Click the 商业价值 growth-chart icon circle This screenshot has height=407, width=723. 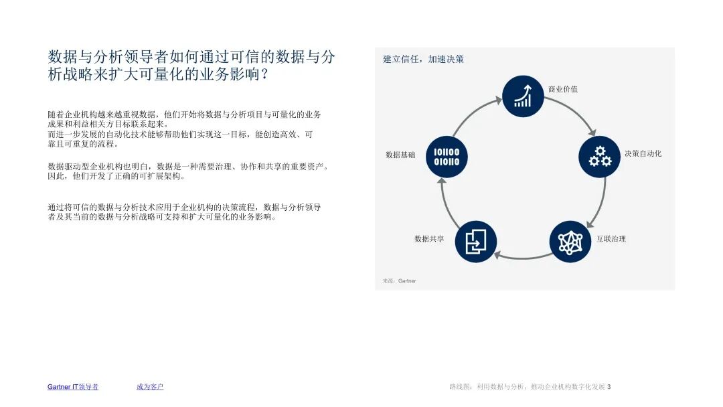pos(523,96)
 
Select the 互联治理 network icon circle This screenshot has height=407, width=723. pos(570,242)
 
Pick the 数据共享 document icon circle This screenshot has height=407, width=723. pos(475,242)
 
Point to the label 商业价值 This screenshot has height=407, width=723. pos(562,89)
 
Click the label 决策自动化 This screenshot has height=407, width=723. pos(643,154)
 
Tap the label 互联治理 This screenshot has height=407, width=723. pos(611,239)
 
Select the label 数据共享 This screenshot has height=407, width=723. pos(429,239)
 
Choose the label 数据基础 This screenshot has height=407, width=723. pos(400,155)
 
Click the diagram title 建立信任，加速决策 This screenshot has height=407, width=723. pos(423,60)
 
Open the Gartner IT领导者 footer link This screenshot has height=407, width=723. pos(73,387)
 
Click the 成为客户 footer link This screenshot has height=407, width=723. pos(150,387)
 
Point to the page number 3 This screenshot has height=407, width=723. pos(609,387)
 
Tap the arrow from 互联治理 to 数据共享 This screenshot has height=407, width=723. pos(522,257)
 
